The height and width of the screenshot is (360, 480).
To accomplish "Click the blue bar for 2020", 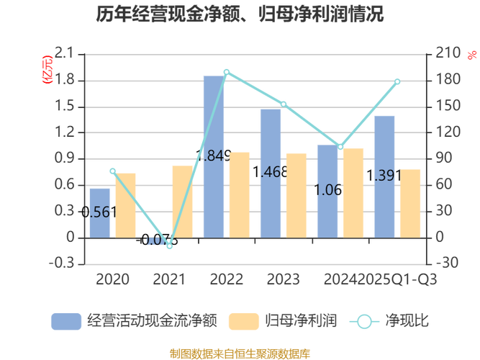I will (x=99, y=212).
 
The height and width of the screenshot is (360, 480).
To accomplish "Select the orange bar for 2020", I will (x=125, y=204).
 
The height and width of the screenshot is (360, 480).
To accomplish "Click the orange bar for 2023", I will (x=296, y=194).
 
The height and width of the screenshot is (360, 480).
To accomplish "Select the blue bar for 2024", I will (x=327, y=190).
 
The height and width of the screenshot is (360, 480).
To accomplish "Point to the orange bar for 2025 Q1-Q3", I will (x=410, y=202).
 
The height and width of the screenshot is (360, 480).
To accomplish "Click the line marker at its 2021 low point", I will (x=170, y=247).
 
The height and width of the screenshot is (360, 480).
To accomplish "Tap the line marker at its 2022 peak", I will (x=227, y=72).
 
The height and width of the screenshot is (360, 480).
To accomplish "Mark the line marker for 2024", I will (x=341, y=146).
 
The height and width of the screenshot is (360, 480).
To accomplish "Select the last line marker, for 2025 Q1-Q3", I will (x=398, y=81).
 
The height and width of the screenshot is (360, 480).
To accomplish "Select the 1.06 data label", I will (x=329, y=190).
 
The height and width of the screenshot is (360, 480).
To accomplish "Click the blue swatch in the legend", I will (x=65, y=321).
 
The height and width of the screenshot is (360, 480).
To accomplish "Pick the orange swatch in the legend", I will (x=243, y=321).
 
